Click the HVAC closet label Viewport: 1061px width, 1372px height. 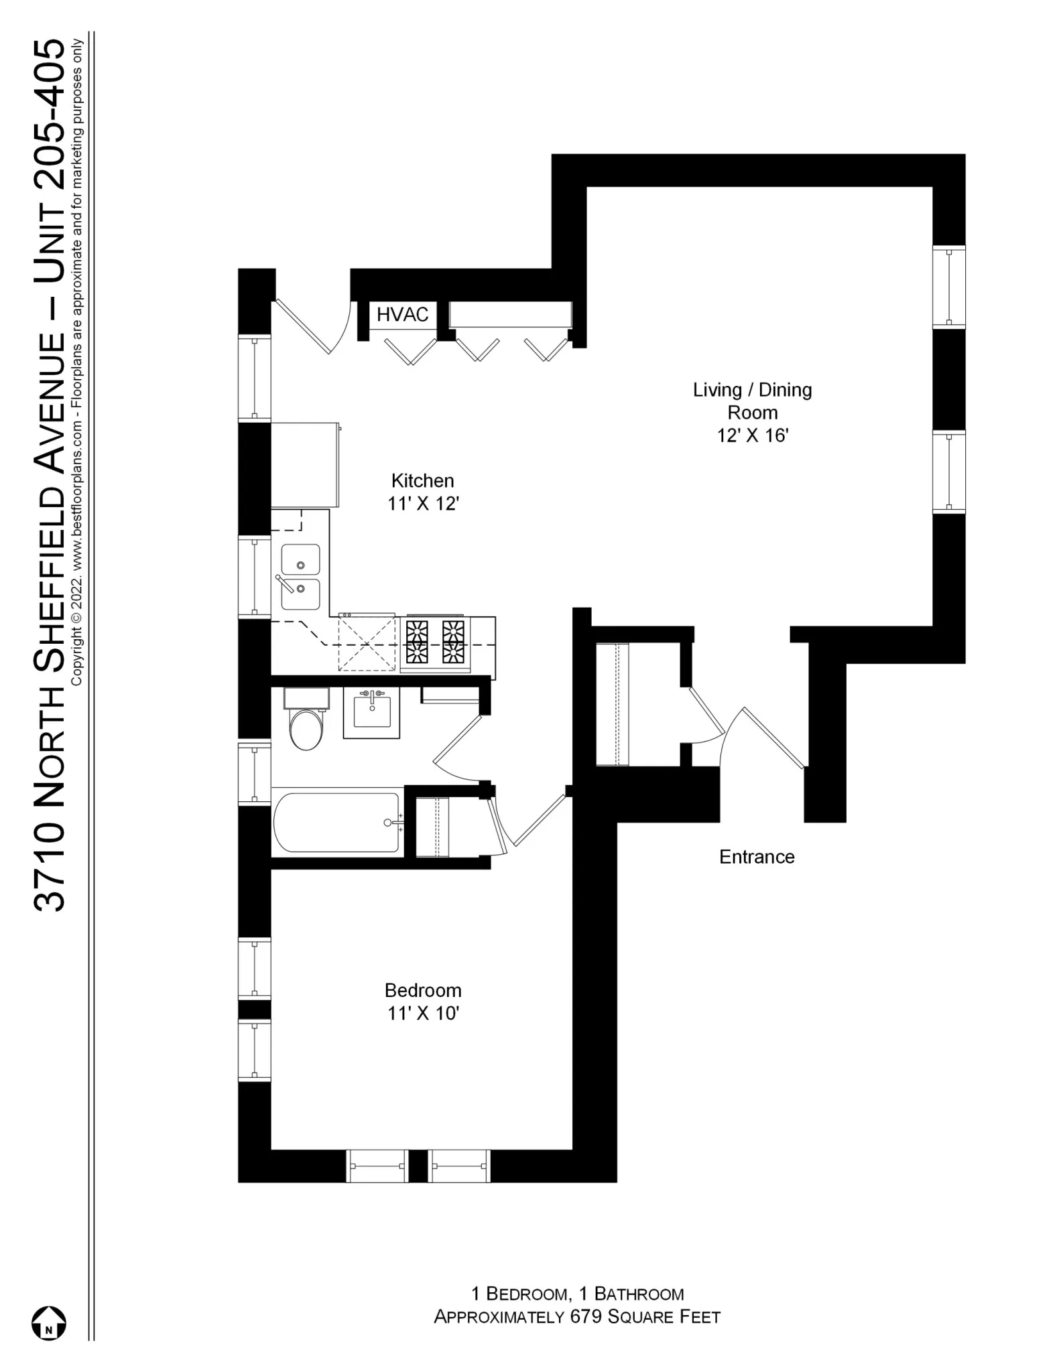(402, 314)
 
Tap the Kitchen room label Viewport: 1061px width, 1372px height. (422, 480)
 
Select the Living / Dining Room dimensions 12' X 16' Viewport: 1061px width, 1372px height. (752, 435)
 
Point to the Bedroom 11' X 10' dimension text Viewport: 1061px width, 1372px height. (422, 1014)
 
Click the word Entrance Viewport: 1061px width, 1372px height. (756, 857)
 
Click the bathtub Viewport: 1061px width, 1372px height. (337, 822)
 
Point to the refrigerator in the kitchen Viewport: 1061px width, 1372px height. (304, 464)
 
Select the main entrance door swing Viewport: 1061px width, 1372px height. (771, 737)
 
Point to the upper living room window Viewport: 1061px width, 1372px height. (948, 287)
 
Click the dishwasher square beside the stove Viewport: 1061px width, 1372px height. (367, 644)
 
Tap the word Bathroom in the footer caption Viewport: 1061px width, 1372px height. (639, 1294)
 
